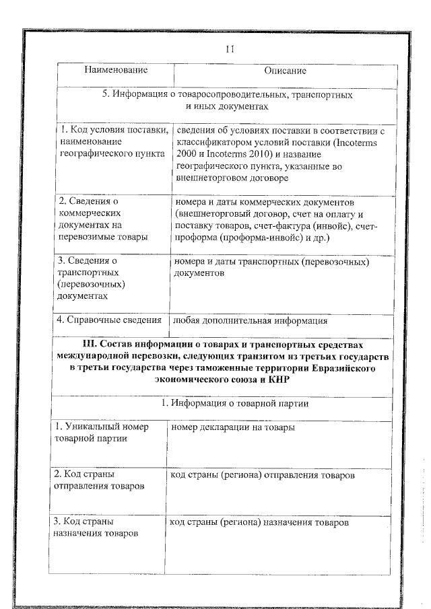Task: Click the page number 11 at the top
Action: (x=229, y=49)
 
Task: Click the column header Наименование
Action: (x=115, y=70)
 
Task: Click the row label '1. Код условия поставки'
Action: (x=112, y=131)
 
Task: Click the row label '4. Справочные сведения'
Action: (x=110, y=320)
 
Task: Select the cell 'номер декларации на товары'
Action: (x=232, y=427)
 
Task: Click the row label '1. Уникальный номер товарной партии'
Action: (x=101, y=433)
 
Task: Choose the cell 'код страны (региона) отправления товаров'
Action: (x=262, y=475)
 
